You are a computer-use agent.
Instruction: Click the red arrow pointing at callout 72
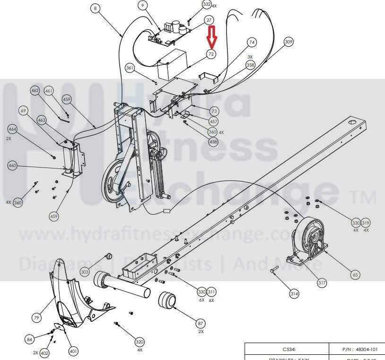(211, 37)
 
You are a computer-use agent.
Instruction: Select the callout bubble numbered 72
(211, 54)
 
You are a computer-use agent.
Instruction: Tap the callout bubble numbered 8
(96, 9)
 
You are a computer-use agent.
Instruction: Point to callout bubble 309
(289, 43)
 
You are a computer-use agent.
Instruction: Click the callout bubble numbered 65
(355, 274)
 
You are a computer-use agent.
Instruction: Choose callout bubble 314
(294, 294)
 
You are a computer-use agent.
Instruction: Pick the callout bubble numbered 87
(201, 323)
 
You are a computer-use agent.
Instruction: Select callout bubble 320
(139, 342)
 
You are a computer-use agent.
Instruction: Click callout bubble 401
(73, 351)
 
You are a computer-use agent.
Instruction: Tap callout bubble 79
(37, 318)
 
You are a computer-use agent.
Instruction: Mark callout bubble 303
(85, 272)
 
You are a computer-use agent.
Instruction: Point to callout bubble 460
(12, 165)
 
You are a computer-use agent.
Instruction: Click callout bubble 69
(23, 111)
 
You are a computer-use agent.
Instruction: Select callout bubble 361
(130, 68)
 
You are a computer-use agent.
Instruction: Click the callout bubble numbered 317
(322, 283)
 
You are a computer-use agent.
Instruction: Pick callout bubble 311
(211, 292)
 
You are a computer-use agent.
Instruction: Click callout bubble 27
(209, 20)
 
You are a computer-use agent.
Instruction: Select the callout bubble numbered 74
(252, 43)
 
